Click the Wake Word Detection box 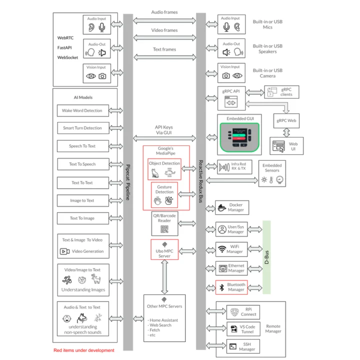[82, 110]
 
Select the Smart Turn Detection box [82, 128]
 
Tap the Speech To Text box [82, 146]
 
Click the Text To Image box [82, 218]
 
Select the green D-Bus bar [266, 257]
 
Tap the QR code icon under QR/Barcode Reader [164, 229]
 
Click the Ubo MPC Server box [164, 249]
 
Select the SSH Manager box [242, 345]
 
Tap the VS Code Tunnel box [242, 329]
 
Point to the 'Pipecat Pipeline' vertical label [128, 182]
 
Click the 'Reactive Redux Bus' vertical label [201, 182]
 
